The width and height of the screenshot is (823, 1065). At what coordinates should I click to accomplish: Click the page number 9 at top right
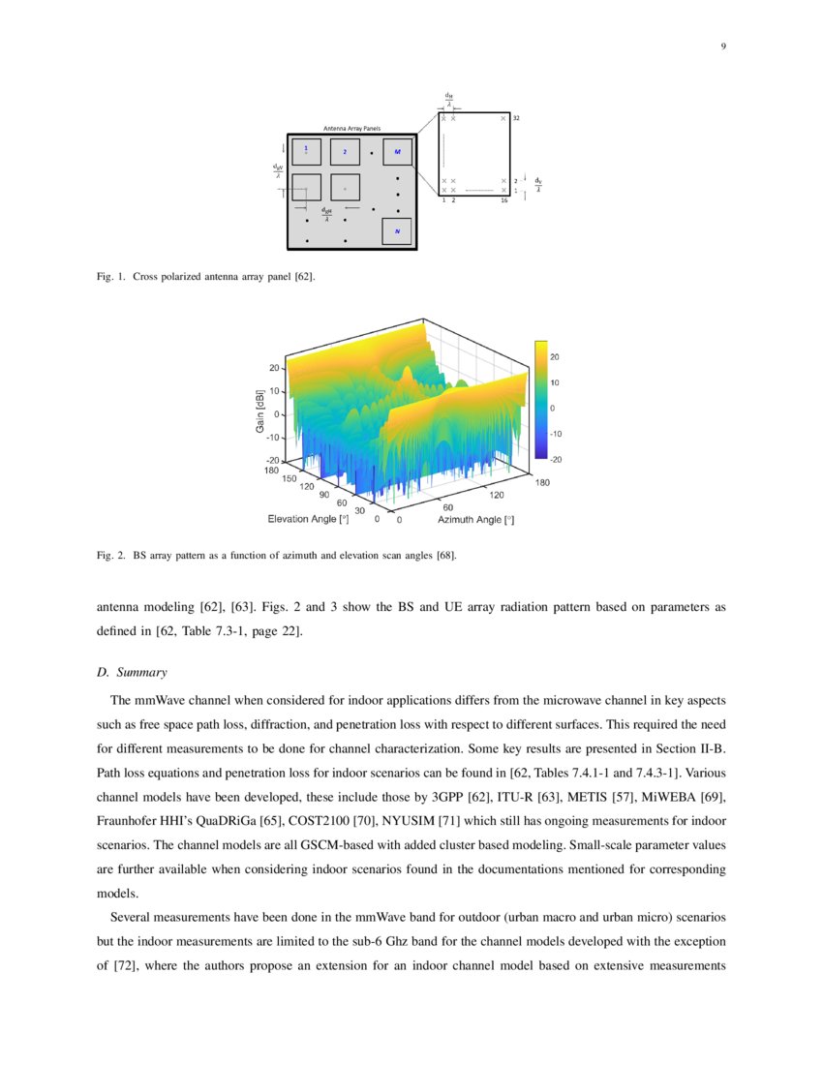click(x=723, y=46)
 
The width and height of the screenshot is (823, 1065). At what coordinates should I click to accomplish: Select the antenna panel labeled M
click(x=397, y=152)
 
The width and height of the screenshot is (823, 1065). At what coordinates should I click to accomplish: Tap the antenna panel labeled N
click(x=397, y=231)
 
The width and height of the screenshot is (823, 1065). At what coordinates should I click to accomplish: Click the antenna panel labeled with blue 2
click(x=345, y=152)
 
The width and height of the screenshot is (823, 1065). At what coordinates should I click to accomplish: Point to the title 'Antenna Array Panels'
click(x=351, y=128)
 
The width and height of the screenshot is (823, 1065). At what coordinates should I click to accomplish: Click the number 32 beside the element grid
click(x=516, y=118)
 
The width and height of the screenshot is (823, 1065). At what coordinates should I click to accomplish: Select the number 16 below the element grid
click(x=504, y=200)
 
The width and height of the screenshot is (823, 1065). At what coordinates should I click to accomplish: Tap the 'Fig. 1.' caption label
click(x=111, y=277)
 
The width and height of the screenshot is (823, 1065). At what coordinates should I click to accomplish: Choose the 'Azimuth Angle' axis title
click(x=469, y=520)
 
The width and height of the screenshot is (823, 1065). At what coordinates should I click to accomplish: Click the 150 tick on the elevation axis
click(x=290, y=478)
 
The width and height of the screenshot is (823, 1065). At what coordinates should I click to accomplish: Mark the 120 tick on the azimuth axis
click(x=498, y=494)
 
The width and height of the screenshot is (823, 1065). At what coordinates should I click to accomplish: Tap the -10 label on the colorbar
click(x=557, y=434)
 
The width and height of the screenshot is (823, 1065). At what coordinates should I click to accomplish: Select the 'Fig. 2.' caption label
click(x=111, y=557)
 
